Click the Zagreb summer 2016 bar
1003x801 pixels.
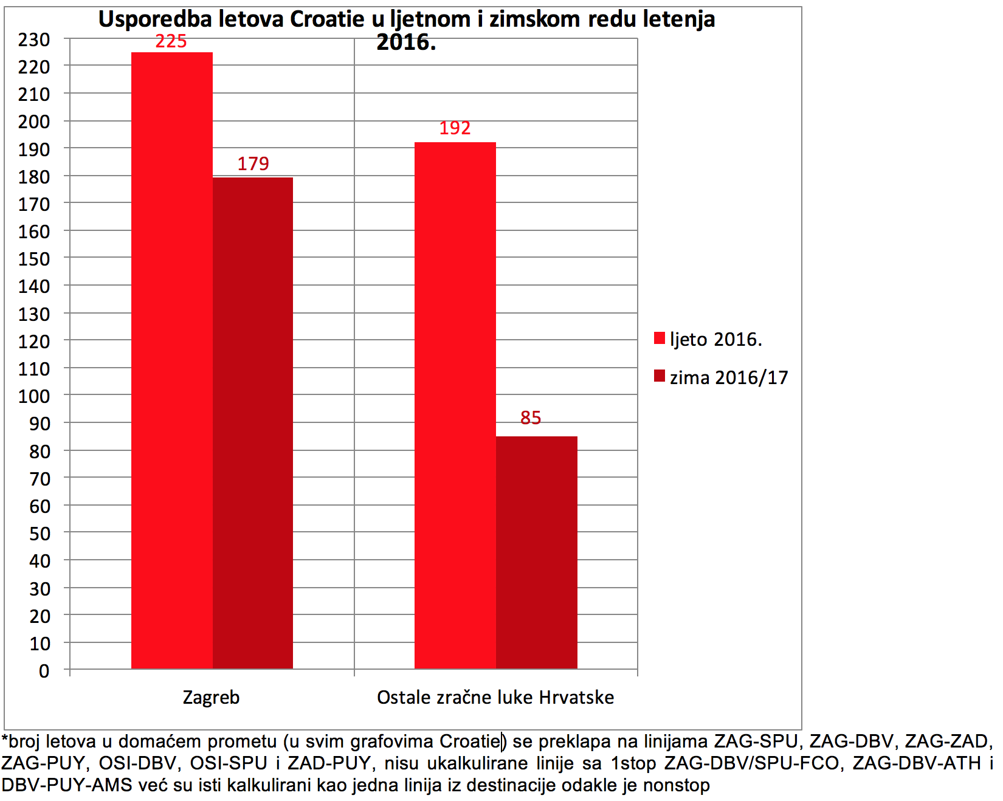pos(172,360)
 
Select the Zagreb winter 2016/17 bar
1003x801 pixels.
pos(253,423)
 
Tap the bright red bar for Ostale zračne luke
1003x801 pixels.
pos(455,405)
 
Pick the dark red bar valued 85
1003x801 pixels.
pos(537,552)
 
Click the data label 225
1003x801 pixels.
pos(171,41)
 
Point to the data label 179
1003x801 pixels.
pos(253,163)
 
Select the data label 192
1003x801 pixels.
pos(455,128)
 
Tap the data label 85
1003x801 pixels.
pos(531,418)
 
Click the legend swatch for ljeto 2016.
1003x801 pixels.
pos(660,339)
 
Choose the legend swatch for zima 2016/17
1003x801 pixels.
pos(660,376)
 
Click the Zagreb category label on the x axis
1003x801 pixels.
pos(212,698)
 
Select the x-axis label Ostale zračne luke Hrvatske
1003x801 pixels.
pos(495,697)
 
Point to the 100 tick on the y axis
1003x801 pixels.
pos(34,396)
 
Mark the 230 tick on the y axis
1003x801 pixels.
pos(34,40)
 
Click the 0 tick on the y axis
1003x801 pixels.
pos(44,671)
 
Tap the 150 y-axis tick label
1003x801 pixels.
pos(34,259)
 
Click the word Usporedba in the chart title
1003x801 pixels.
pos(155,19)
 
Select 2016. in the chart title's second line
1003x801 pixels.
pos(406,43)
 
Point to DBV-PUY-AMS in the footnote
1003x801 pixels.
pos(67,785)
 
